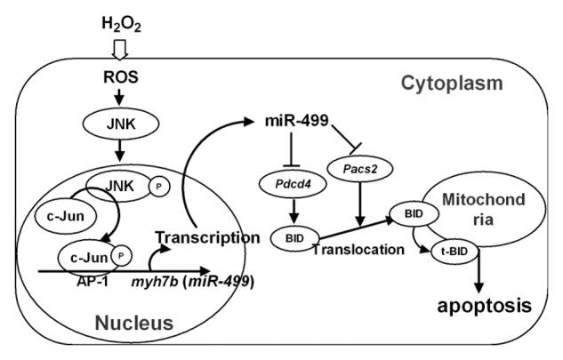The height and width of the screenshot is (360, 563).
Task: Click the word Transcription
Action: click(201, 237)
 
